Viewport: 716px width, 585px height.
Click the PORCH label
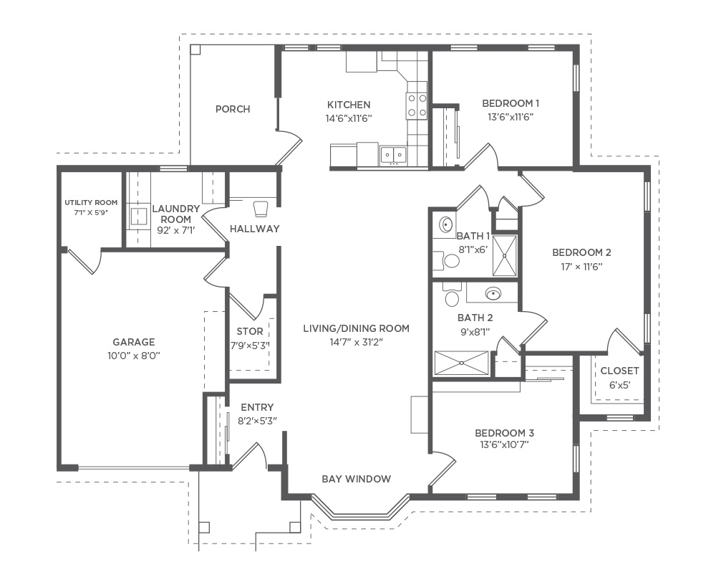pos(233,109)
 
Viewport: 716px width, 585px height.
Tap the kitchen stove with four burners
pos(417,105)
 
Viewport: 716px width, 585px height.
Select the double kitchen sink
pos(392,155)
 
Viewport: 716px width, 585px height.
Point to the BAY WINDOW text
pos(356,479)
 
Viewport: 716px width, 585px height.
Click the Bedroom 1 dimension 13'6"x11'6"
pos(511,117)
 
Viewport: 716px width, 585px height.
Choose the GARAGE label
pos(133,342)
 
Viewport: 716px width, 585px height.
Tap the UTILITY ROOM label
pos(91,202)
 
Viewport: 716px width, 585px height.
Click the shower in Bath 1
pos(505,256)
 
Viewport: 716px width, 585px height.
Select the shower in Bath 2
pos(461,363)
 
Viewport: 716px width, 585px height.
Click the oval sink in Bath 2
pos(493,293)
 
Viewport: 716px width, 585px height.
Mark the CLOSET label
pos(619,371)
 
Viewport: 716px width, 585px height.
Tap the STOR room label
pos(250,331)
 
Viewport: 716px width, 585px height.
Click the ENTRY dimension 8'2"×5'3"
pos(257,421)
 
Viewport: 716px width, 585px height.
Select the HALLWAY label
pos(254,229)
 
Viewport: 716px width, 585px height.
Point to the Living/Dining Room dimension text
pos(356,342)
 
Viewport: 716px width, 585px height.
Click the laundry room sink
pos(138,217)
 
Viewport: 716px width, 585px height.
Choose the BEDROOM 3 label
pos(504,433)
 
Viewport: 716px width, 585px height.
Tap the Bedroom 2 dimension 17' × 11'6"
pos(581,266)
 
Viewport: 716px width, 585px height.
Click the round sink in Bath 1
pos(445,224)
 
